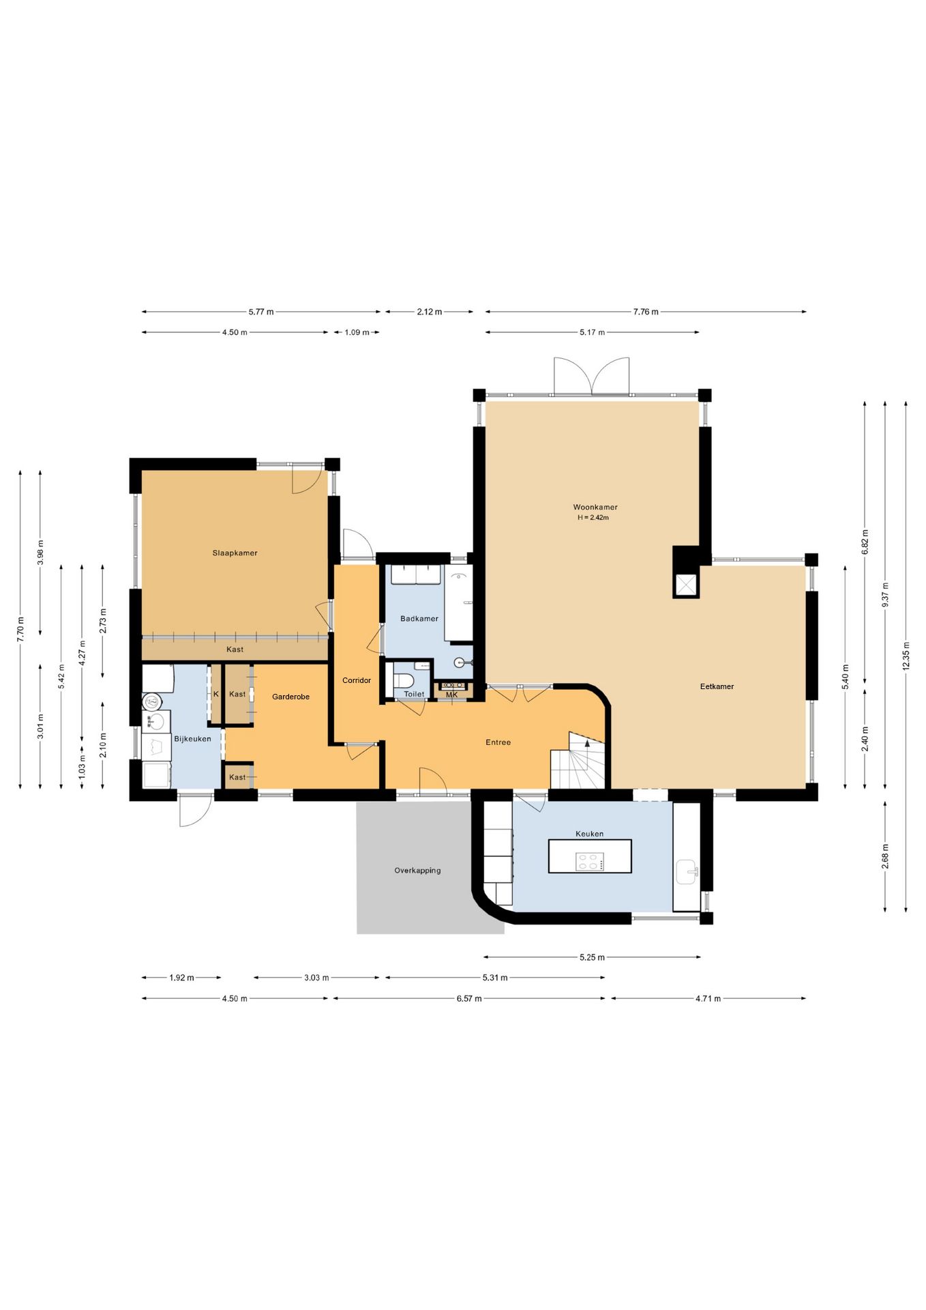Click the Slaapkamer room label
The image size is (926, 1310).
(x=235, y=553)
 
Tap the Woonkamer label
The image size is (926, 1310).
(x=595, y=507)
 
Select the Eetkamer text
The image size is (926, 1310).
(x=717, y=686)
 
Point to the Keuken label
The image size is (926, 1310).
(x=589, y=834)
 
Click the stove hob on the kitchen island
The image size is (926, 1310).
(x=590, y=862)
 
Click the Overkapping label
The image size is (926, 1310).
(x=417, y=871)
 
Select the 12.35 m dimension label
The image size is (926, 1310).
(x=906, y=656)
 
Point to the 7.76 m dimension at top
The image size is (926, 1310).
(x=646, y=312)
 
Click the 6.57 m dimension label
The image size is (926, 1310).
(x=469, y=998)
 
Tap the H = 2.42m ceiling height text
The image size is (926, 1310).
(x=593, y=518)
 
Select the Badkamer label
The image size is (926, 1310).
(x=419, y=619)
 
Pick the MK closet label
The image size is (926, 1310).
(x=451, y=695)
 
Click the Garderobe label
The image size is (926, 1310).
(x=290, y=697)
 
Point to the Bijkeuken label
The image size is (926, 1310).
(x=192, y=739)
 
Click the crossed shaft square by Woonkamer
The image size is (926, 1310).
(x=686, y=585)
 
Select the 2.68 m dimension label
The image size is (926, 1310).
(x=885, y=856)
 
